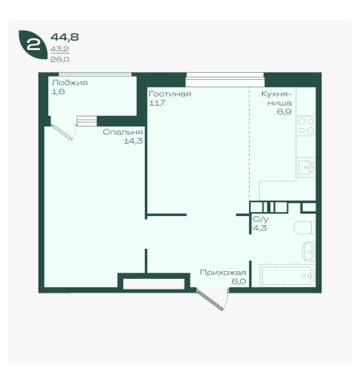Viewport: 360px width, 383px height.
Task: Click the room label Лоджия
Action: click(70, 83)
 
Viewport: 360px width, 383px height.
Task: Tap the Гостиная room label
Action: click(170, 94)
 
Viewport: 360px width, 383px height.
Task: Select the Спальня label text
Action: click(123, 132)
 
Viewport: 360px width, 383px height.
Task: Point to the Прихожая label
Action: click(223, 273)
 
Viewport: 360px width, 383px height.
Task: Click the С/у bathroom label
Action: click(260, 219)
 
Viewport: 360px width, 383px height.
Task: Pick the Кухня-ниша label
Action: click(277, 99)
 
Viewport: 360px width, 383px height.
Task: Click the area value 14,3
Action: click(133, 141)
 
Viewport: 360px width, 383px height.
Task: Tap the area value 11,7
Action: click(157, 103)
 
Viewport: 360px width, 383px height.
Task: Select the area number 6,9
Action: click(284, 112)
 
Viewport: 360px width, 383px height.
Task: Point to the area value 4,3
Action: click(260, 228)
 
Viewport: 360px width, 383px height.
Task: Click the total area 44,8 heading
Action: click(64, 38)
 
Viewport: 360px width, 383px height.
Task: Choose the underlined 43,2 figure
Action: click(60, 49)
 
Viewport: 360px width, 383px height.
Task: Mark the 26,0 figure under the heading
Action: click(60, 60)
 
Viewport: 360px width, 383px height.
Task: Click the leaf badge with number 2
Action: click(33, 44)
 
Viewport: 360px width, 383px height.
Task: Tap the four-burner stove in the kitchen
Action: click(306, 126)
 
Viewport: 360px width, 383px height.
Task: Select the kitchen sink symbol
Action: click(306, 167)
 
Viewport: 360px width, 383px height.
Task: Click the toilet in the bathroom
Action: click(304, 228)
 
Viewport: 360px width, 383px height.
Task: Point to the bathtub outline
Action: click(288, 276)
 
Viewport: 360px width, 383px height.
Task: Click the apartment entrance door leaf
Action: click(210, 300)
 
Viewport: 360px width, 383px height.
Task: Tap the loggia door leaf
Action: click(62, 133)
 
